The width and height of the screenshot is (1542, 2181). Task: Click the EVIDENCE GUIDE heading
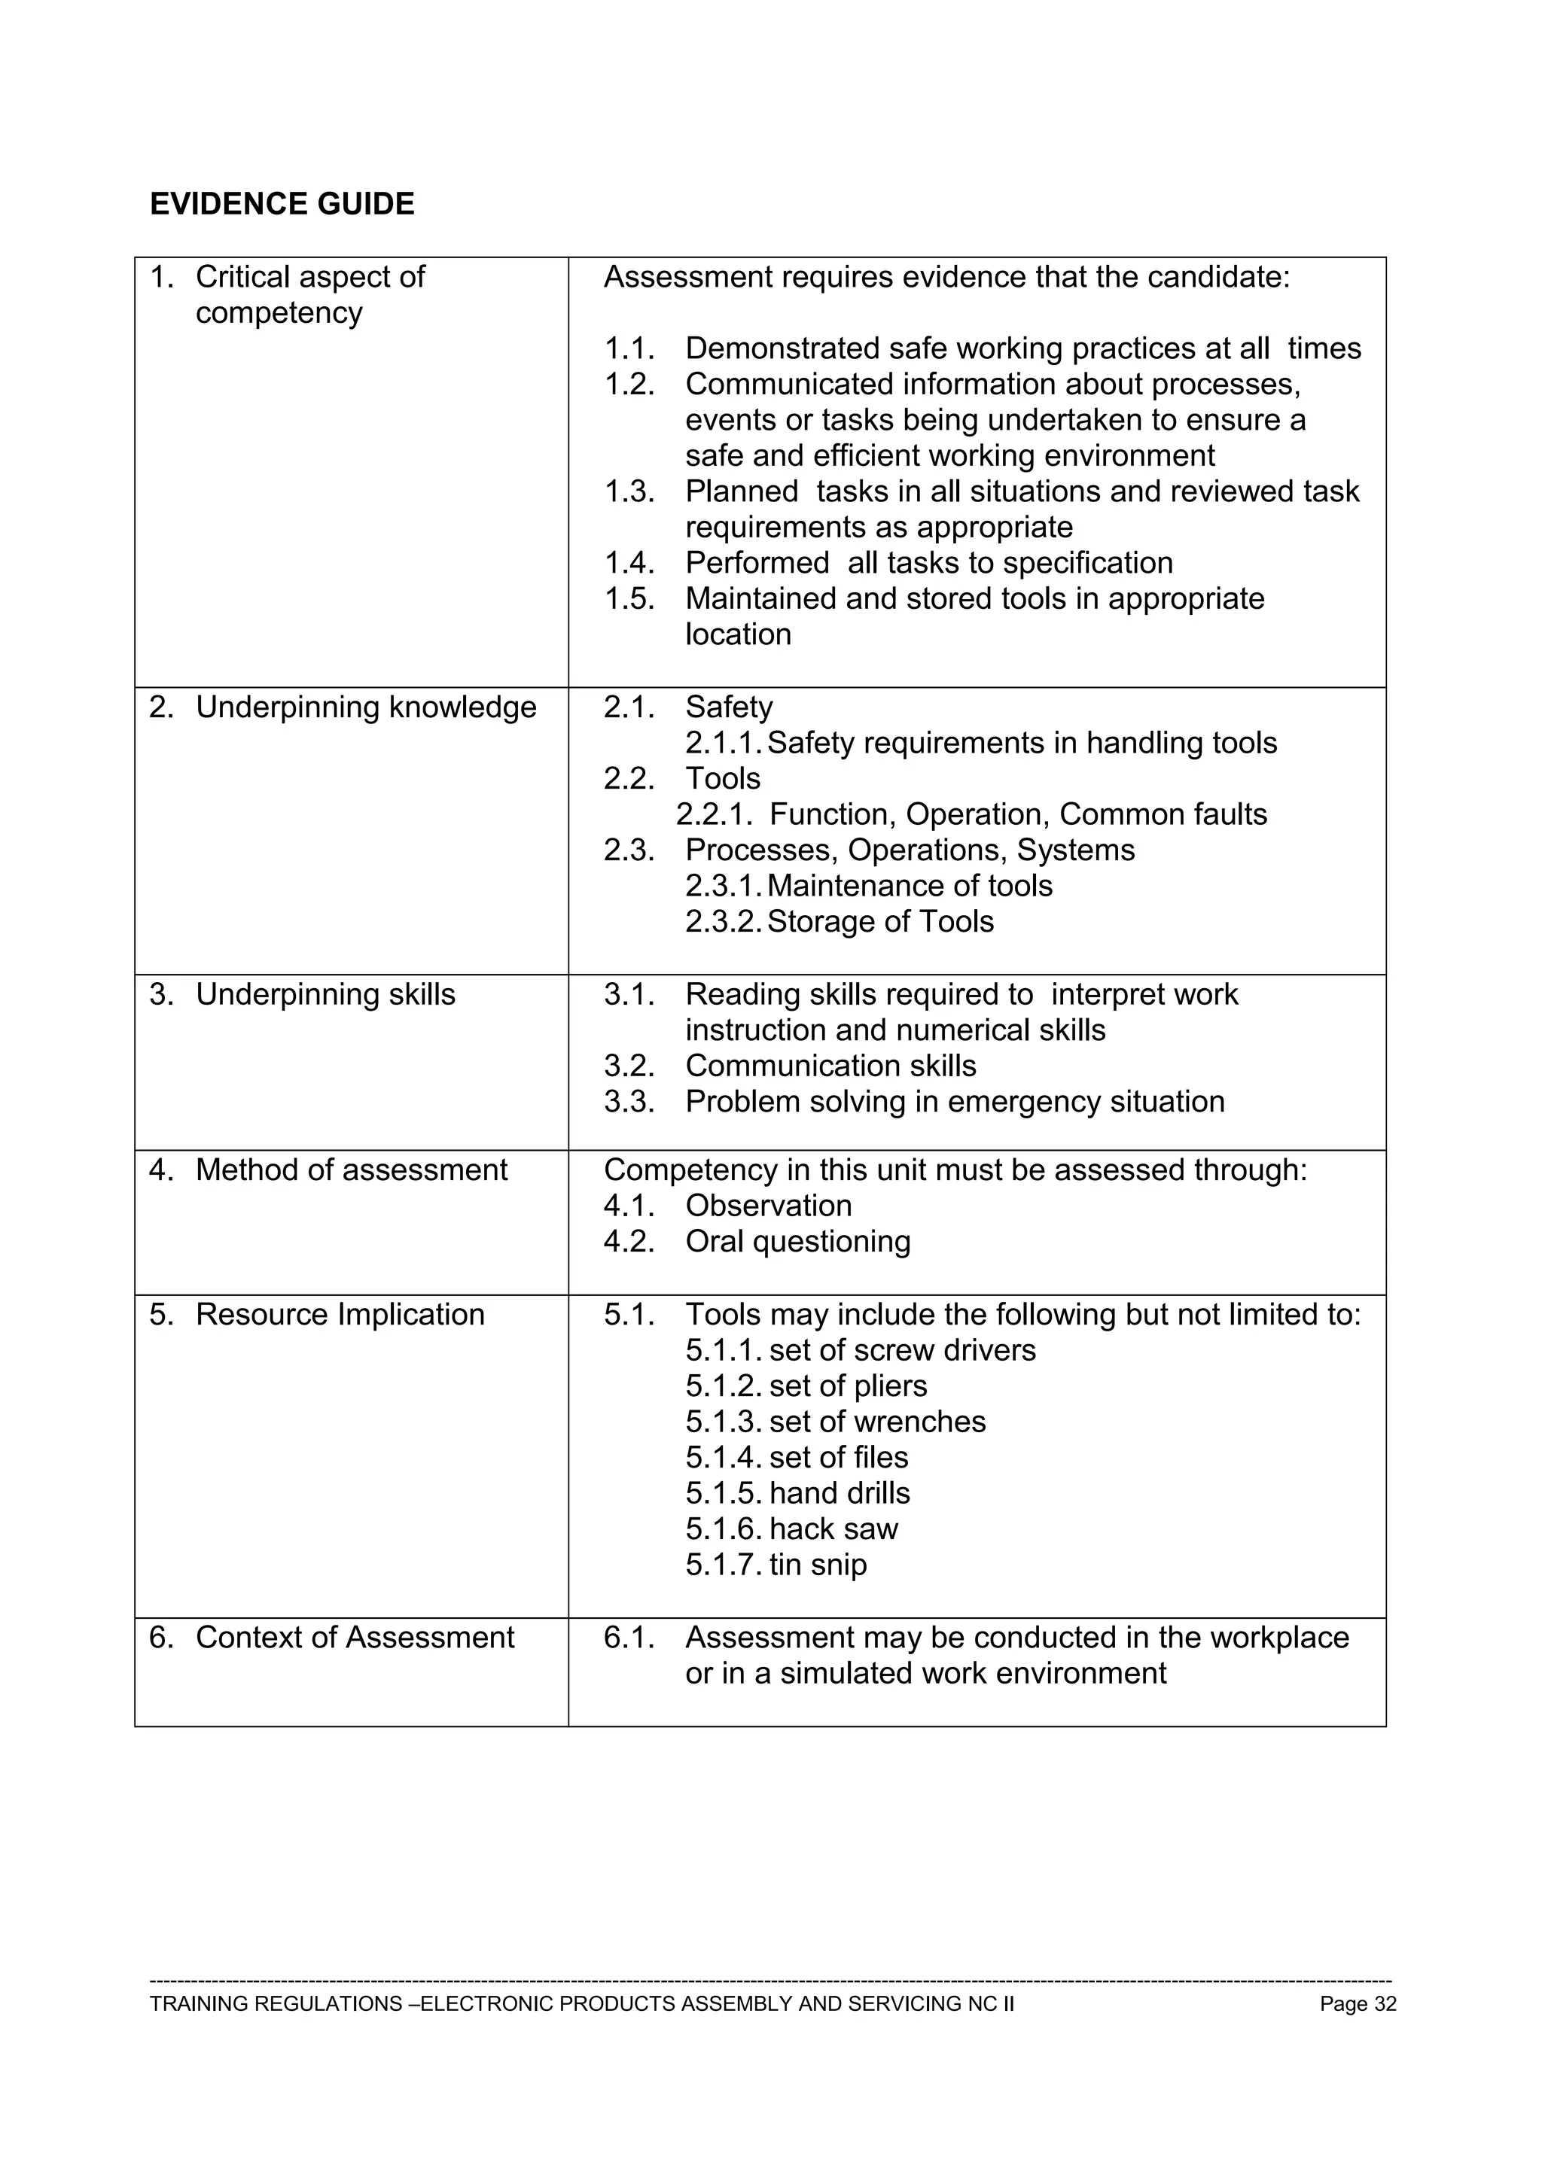282,204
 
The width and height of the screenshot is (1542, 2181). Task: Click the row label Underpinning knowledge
365,707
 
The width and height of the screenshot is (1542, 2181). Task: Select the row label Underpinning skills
325,995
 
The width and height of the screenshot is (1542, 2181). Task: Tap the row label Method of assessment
351,1170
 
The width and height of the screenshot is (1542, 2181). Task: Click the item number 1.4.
629,563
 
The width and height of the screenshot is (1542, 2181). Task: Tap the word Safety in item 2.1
729,707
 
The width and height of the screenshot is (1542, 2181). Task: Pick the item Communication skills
830,1066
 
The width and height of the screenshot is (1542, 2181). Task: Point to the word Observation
769,1206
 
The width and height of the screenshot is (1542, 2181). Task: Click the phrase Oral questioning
798,1242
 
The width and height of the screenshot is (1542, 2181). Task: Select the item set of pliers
848,1386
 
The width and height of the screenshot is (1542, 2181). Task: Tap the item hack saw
833,1529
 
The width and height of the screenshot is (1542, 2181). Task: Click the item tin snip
818,1565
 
